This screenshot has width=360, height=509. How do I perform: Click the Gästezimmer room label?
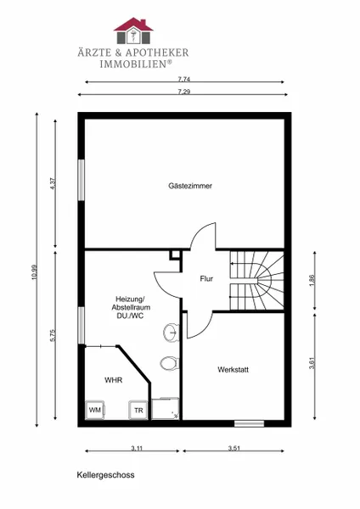190,186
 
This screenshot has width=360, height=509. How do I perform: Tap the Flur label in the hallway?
206,278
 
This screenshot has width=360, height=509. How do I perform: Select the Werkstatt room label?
233,369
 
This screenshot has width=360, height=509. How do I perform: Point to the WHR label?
114,380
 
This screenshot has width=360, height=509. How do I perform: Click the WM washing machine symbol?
95,410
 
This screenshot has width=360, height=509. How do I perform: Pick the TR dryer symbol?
138,411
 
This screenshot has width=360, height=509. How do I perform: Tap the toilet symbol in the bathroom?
169,363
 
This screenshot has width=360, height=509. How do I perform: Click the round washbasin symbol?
171,332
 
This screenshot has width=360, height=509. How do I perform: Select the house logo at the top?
133,31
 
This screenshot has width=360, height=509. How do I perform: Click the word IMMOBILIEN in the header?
133,64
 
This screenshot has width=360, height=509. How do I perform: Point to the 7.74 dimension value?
184,79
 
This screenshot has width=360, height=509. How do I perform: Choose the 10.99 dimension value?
35,272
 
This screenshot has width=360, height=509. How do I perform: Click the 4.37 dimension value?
53,183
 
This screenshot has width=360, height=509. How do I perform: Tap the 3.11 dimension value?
137,448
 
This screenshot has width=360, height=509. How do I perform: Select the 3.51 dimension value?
234,448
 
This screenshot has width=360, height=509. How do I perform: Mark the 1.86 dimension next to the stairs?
312,281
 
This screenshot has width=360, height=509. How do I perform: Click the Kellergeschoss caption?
105,475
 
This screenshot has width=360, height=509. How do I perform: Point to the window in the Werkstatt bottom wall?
250,423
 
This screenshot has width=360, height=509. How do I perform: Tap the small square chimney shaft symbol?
175,255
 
